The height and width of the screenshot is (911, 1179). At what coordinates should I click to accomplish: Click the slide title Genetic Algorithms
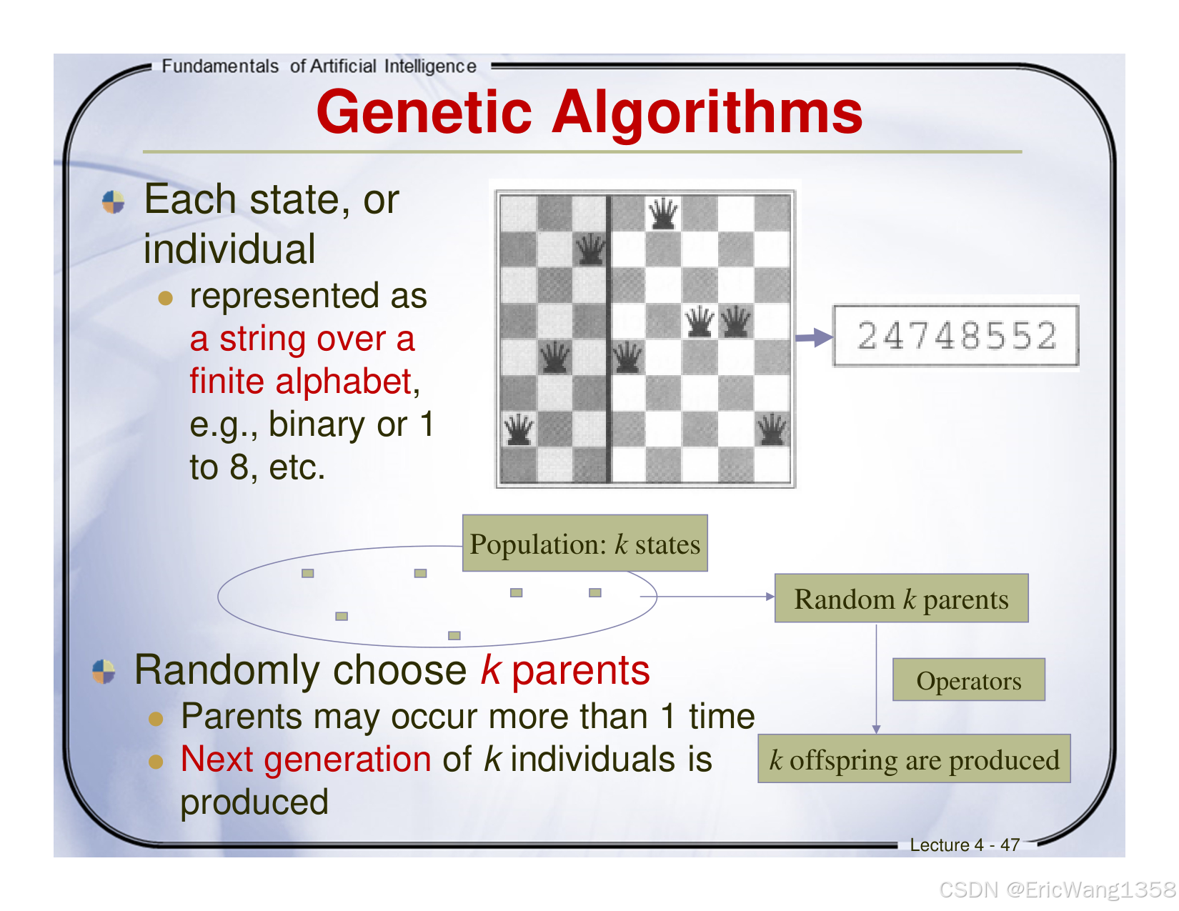589,112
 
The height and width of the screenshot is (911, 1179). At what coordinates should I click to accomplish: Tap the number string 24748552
956,336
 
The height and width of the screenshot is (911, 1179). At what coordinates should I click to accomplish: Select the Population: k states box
584,544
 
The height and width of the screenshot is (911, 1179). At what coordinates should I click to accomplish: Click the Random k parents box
901,599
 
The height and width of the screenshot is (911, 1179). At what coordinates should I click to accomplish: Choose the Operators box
968,680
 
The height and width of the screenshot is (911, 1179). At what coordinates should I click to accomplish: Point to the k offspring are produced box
914,760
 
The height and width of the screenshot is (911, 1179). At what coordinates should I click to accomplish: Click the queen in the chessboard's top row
663,213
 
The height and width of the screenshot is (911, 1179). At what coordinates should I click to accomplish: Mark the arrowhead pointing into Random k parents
770,597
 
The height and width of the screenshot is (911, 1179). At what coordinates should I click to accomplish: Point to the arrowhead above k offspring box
877,729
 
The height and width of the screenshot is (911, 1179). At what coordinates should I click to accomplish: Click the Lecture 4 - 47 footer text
964,845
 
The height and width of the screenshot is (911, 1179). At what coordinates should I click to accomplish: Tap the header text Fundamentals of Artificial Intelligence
319,66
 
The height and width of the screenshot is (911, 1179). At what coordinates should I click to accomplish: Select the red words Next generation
306,759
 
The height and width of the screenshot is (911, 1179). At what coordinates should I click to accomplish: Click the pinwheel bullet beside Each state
114,202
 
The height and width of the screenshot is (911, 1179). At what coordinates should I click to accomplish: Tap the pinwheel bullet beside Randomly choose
104,672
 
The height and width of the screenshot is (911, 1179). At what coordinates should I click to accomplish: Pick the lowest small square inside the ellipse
454,635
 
